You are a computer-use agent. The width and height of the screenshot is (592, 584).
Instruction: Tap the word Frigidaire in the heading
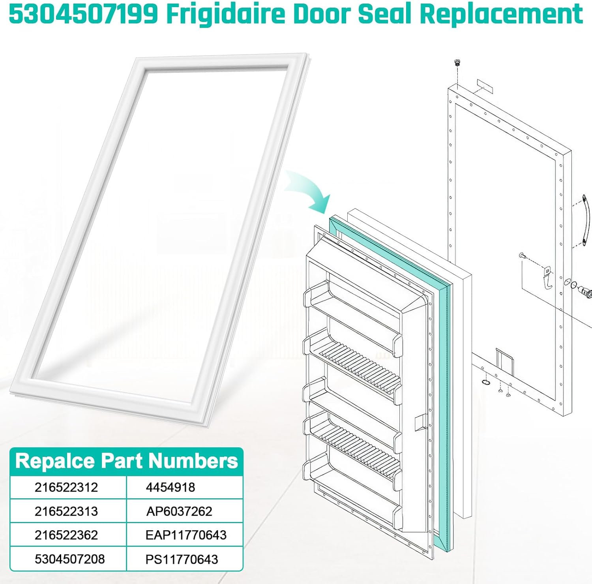225,14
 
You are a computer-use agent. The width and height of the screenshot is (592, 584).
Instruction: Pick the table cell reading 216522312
66,487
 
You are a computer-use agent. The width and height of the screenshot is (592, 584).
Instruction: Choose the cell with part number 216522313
66,511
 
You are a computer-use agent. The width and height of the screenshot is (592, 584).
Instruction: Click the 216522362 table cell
66,535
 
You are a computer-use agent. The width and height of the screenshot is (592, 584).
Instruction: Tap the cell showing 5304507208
70,559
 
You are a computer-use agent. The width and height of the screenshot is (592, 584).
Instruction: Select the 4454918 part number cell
170,487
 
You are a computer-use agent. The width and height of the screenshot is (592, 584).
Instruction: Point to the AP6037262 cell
179,511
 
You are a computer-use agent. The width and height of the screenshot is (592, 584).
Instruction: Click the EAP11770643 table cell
186,535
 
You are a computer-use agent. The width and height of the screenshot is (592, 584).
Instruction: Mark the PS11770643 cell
182,559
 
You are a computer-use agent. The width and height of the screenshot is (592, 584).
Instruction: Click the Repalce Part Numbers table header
126,461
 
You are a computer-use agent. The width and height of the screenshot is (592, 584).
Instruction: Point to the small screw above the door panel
458,62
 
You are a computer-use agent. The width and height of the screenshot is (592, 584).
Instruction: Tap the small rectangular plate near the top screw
485,86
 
